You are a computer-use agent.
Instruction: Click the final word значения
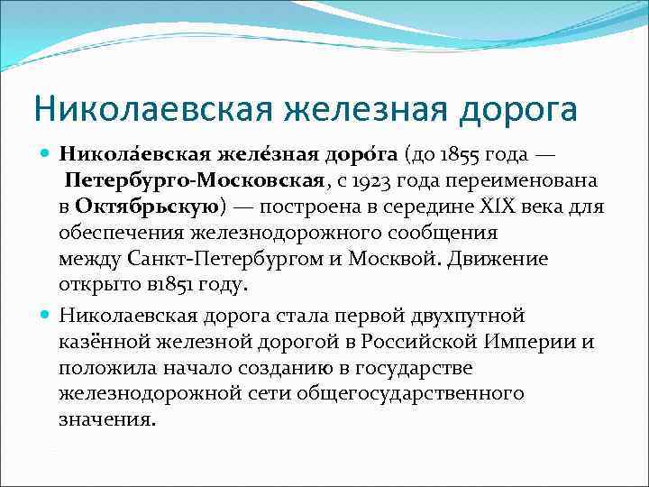pos(106,421)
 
